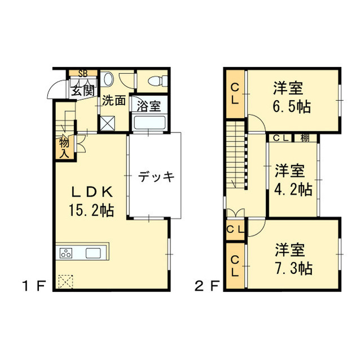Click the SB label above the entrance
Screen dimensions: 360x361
click(x=83, y=73)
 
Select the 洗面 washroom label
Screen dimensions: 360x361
click(x=113, y=101)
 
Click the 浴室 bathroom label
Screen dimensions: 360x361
click(x=148, y=105)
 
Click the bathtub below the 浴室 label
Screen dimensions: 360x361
click(x=148, y=122)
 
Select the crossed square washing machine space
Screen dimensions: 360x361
click(x=107, y=123)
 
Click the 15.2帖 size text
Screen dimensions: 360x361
click(x=91, y=211)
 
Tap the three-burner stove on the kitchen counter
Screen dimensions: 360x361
click(x=66, y=254)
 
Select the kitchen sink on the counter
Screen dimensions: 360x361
click(x=93, y=253)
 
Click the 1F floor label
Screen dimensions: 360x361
click(x=34, y=285)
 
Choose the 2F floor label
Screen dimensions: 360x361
click(x=206, y=285)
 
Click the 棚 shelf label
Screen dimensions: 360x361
click(x=305, y=137)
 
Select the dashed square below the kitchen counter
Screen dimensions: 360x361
click(x=66, y=279)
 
